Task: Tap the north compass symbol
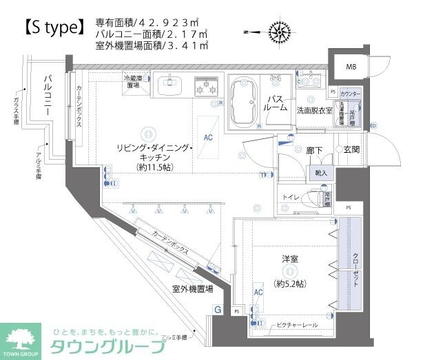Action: [278, 31]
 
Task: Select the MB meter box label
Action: [351, 67]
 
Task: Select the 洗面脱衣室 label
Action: [314, 110]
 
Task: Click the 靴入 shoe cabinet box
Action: [322, 173]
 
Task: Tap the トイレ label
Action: [290, 197]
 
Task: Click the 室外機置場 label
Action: [191, 290]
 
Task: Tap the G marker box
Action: [218, 310]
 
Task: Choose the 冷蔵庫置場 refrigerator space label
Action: [132, 80]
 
